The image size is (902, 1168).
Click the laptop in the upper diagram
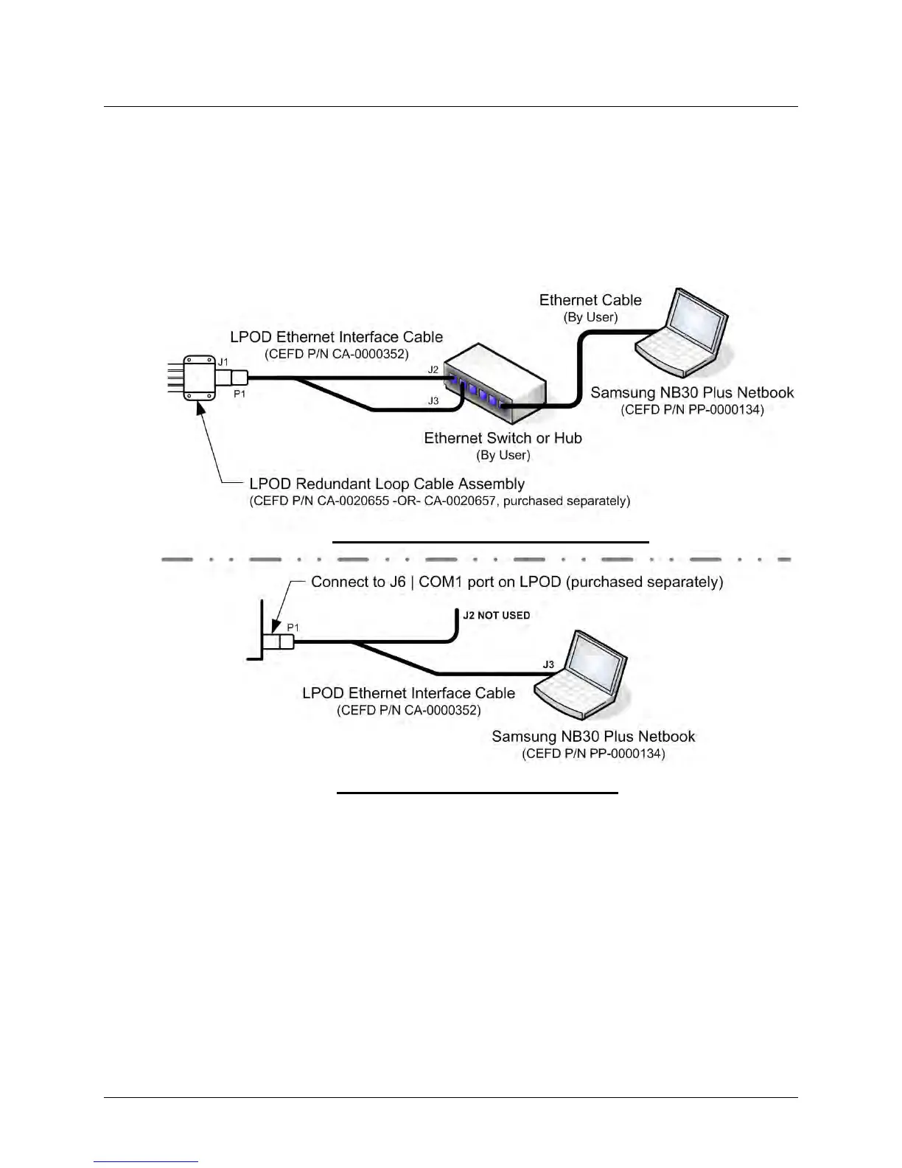[x=682, y=329]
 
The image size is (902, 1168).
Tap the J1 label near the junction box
[x=223, y=361]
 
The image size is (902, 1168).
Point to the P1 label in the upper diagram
[x=240, y=394]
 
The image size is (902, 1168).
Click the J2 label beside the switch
[x=433, y=369]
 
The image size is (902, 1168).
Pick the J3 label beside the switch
[x=433, y=401]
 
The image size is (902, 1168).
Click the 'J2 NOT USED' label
[x=496, y=615]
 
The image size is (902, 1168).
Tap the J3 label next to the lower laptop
[x=548, y=664]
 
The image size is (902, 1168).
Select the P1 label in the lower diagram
[x=293, y=627]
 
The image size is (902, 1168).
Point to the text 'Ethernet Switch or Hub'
[x=503, y=438]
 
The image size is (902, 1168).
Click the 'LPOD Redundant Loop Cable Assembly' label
[x=387, y=484]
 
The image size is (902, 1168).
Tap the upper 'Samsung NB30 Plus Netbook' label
[x=692, y=392]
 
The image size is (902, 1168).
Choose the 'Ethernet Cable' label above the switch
[x=590, y=300]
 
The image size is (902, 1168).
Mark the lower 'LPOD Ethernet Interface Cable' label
[x=408, y=693]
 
